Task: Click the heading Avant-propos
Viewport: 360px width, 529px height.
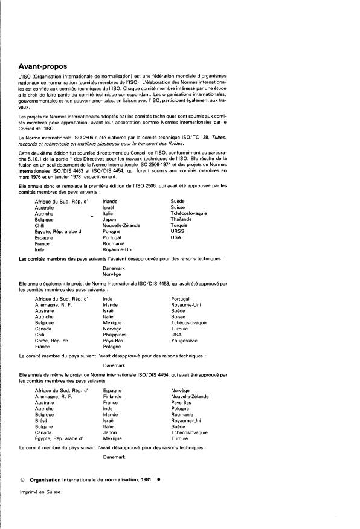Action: click(43, 66)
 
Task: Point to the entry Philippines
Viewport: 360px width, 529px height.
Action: click(115, 334)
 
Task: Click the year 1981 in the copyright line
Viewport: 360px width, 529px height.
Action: click(143, 478)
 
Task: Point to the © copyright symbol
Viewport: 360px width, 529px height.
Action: click(22, 478)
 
